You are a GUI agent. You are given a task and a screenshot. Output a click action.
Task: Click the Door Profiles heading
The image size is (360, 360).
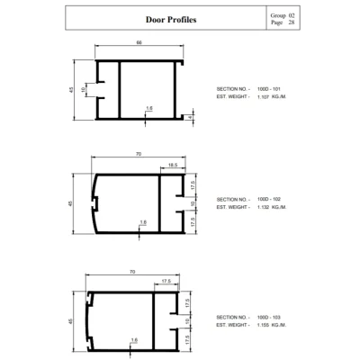[171, 20]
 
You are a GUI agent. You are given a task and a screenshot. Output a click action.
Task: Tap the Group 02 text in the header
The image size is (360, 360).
[283, 15]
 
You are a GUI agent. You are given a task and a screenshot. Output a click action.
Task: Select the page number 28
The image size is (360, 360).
[292, 22]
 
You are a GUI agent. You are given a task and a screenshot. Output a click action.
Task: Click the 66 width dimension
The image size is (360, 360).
[139, 42]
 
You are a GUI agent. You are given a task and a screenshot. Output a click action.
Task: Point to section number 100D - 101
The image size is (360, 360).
[269, 89]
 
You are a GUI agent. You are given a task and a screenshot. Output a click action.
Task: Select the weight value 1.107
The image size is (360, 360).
[263, 97]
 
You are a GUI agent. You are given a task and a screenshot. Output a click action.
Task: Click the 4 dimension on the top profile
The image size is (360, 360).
[190, 117]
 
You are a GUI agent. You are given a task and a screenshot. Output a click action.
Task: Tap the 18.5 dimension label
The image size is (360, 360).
[173, 165]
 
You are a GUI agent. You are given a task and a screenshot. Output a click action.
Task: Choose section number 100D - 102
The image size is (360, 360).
[269, 199]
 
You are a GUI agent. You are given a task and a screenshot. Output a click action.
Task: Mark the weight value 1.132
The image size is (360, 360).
[263, 207]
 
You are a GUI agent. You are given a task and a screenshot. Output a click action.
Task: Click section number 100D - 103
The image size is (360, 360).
[269, 317]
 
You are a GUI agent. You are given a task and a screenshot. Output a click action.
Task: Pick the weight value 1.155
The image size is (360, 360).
[263, 325]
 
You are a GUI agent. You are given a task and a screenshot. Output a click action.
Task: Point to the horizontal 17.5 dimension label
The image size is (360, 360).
[166, 281]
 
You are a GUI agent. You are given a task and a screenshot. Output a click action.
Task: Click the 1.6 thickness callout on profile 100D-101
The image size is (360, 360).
[149, 108]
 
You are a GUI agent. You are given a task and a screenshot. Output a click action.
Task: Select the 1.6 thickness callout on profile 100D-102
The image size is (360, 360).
[143, 222]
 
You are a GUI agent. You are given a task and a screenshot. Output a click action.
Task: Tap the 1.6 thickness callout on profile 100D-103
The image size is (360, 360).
[134, 340]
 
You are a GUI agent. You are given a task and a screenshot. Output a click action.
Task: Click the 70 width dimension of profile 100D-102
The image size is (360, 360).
[139, 154]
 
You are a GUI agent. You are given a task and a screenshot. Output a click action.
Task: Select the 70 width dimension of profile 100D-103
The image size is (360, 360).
[132, 272]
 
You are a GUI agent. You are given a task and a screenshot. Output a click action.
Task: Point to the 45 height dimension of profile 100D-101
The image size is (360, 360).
[71, 89]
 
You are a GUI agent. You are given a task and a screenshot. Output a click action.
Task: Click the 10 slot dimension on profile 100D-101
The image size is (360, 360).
[83, 89]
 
